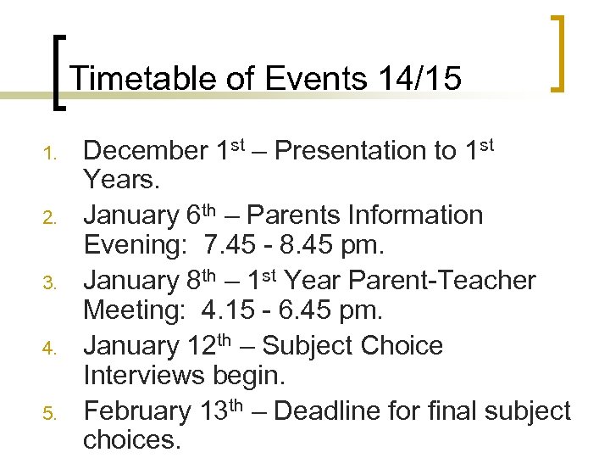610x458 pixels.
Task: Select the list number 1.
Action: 50,154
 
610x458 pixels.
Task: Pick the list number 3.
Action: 50,284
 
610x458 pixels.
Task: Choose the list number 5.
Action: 50,415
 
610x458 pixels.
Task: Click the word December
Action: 145,151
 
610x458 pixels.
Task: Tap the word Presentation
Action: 365,151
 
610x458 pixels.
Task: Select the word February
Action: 138,411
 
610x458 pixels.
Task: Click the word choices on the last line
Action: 130,441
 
